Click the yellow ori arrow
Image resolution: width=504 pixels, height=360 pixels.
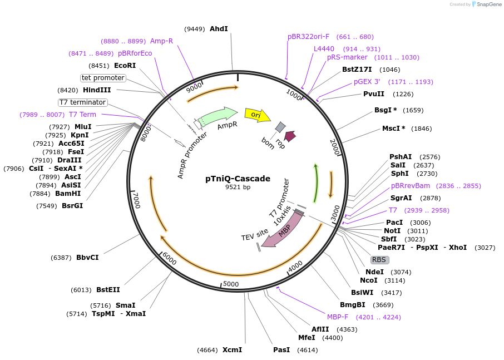click(x=257, y=115)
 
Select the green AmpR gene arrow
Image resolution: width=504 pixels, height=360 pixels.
click(x=217, y=116)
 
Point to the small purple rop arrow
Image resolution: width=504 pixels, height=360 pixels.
click(x=290, y=136)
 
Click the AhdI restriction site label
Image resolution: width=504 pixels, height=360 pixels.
click(x=219, y=29)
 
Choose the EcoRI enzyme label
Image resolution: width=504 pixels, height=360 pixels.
click(x=125, y=65)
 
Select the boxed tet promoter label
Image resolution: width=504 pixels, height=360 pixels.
click(x=103, y=78)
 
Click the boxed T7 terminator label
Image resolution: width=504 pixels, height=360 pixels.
click(x=82, y=102)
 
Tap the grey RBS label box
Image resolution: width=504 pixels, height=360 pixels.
click(x=380, y=260)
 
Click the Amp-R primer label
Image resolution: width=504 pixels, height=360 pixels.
click(x=161, y=41)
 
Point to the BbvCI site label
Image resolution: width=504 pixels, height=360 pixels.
click(x=87, y=257)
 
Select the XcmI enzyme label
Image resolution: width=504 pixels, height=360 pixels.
click(x=232, y=350)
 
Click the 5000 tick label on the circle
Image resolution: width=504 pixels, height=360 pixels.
click(x=230, y=284)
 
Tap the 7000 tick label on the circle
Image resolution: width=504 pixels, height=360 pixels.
click(x=136, y=200)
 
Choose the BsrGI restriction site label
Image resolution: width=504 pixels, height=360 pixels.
click(x=72, y=205)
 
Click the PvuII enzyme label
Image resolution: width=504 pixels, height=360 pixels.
click(x=374, y=94)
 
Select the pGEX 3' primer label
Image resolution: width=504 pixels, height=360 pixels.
click(x=367, y=82)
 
